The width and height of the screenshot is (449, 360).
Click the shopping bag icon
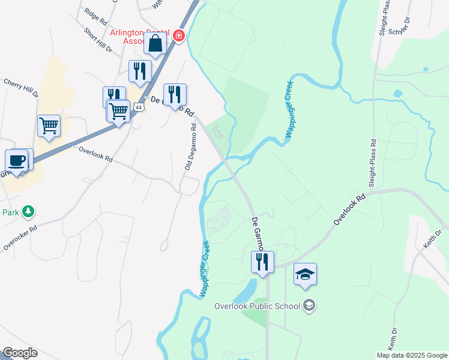[155, 44]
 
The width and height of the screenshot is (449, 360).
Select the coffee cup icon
[16, 161]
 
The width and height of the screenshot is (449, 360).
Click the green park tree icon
[28, 211]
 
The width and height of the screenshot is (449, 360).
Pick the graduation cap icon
[305, 275]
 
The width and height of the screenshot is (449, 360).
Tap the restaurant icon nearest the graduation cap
[262, 262]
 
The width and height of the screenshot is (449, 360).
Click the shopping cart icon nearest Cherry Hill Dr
[49, 126]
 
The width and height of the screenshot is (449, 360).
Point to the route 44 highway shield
[139, 107]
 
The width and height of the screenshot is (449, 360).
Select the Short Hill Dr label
[98, 40]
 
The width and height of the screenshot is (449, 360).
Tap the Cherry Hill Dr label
[21, 86]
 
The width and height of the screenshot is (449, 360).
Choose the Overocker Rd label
[20, 236]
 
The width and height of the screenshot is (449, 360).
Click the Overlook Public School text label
[257, 306]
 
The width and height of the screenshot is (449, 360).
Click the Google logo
[20, 353]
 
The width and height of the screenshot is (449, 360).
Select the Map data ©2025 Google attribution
[411, 355]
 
